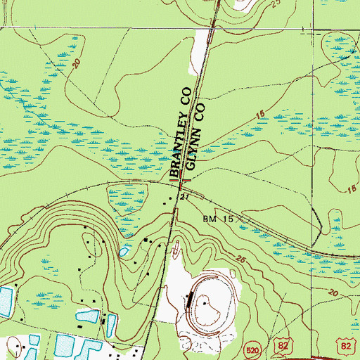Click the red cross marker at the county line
click(182, 182)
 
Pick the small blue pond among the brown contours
click(124, 250)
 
